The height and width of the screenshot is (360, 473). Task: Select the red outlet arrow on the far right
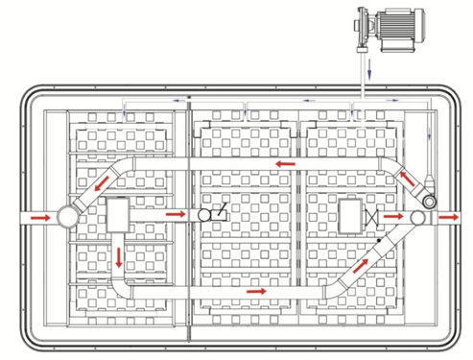click(x=448, y=218)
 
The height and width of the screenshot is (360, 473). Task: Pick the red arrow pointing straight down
click(x=119, y=257)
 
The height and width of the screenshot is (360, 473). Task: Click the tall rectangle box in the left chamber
click(x=120, y=215)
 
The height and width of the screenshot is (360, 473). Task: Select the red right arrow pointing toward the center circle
click(x=175, y=216)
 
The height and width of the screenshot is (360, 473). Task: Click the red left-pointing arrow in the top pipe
click(x=283, y=165)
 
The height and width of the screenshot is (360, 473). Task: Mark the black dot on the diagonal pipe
click(x=381, y=239)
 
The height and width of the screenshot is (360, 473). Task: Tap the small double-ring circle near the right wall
click(x=429, y=202)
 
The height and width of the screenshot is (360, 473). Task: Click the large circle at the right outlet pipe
click(x=418, y=218)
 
